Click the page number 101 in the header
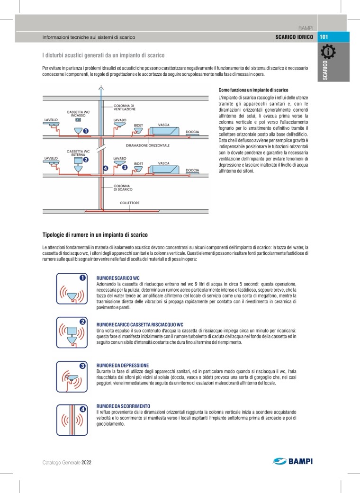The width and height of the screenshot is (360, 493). (x=324, y=36)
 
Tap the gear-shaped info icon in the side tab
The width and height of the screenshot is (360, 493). (x=328, y=52)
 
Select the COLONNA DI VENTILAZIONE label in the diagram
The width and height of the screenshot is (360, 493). (x=125, y=107)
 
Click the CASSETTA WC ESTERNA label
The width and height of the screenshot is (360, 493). (x=78, y=152)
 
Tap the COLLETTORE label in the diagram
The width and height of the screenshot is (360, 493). (x=129, y=203)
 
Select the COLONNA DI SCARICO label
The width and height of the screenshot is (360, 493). (x=123, y=188)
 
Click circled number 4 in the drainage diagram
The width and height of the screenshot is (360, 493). (x=105, y=168)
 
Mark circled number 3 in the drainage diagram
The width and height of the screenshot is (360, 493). (x=125, y=167)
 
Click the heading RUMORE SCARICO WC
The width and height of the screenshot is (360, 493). (x=118, y=277)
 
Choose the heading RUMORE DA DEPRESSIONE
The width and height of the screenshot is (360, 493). (x=122, y=366)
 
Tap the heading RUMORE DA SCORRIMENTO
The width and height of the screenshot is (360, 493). (x=123, y=406)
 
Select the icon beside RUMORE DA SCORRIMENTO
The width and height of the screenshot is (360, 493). (x=72, y=420)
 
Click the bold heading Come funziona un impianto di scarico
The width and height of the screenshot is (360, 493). (x=253, y=90)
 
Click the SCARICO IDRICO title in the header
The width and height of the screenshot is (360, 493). (x=294, y=36)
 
